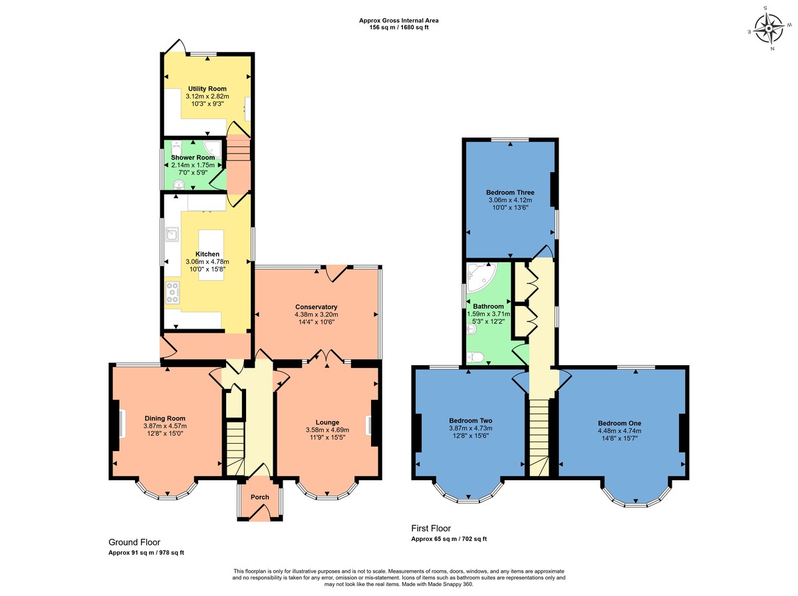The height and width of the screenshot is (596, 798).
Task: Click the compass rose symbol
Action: coord(771,29)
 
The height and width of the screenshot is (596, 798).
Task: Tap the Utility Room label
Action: coord(207,88)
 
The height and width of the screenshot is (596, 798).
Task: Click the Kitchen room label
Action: coord(207,254)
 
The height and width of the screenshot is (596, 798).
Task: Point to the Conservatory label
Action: coord(316,307)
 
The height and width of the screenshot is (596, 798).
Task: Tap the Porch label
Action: coord(259,498)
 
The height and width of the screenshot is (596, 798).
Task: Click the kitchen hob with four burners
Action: coord(173,293)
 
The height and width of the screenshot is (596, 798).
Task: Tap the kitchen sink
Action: coord(173,234)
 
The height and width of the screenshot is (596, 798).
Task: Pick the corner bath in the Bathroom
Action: coord(478,278)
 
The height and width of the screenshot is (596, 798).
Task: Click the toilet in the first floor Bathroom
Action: coord(475,357)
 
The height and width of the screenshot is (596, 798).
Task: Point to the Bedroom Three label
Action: coord(509,193)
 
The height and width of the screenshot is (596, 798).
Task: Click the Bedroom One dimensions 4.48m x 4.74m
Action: coord(619,430)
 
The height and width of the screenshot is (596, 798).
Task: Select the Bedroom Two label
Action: coord(470,420)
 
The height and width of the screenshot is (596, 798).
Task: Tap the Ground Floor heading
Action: coord(134,542)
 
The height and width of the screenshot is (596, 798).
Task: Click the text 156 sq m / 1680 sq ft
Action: coord(398,27)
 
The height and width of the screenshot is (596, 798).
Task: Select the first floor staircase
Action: coord(539,436)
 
